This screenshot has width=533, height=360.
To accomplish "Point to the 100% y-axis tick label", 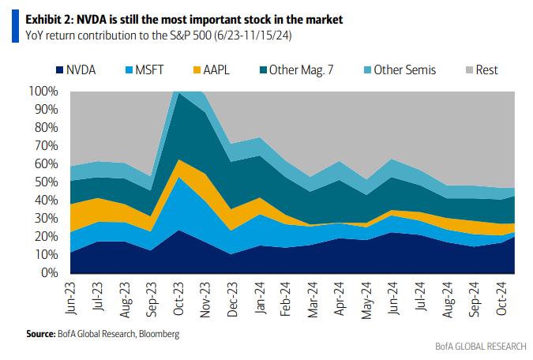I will pyautogui.click(x=42, y=92).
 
